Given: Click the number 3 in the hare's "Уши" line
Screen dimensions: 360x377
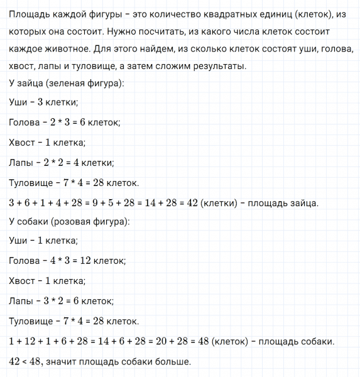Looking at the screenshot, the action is (41, 102).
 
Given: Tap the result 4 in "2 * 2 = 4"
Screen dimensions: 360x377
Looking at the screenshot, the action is (86, 163).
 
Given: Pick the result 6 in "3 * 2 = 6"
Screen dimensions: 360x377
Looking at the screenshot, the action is (85, 301).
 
